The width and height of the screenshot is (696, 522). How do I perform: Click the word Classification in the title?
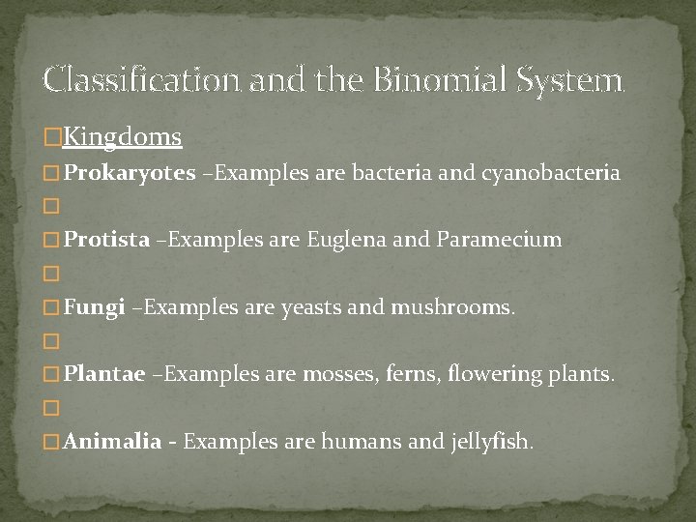point(142,78)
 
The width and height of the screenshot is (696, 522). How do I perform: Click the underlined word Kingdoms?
point(123,137)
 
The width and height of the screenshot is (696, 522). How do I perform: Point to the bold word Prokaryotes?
point(130,174)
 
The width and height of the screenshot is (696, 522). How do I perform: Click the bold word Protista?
point(107,239)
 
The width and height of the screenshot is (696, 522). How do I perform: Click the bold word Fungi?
point(95,308)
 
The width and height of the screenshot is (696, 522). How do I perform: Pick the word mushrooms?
point(452,308)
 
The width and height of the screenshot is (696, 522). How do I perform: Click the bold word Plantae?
point(104,374)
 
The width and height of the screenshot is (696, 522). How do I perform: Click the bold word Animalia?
point(113,442)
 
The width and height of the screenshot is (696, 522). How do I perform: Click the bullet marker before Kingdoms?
point(52,138)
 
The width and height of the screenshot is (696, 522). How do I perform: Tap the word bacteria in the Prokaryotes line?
point(393,174)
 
